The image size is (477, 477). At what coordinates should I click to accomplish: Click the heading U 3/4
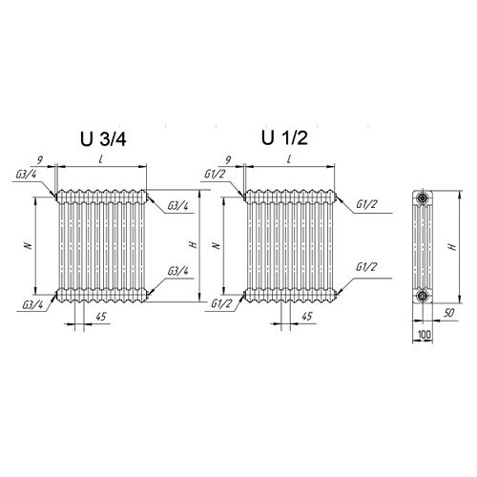103,139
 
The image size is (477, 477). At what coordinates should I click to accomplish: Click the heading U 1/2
284,138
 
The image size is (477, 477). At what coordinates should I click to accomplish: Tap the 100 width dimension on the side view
425,335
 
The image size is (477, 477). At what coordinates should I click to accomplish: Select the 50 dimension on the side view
448,313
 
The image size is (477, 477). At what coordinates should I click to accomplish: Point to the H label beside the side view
452,246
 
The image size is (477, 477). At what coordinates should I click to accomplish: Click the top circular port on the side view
423,198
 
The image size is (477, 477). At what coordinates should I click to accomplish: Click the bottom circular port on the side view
423,296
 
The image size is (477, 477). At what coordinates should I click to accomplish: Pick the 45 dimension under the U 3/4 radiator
101,317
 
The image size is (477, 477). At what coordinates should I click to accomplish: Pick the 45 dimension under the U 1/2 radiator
307,316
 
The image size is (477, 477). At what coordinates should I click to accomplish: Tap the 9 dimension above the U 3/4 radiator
40,160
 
